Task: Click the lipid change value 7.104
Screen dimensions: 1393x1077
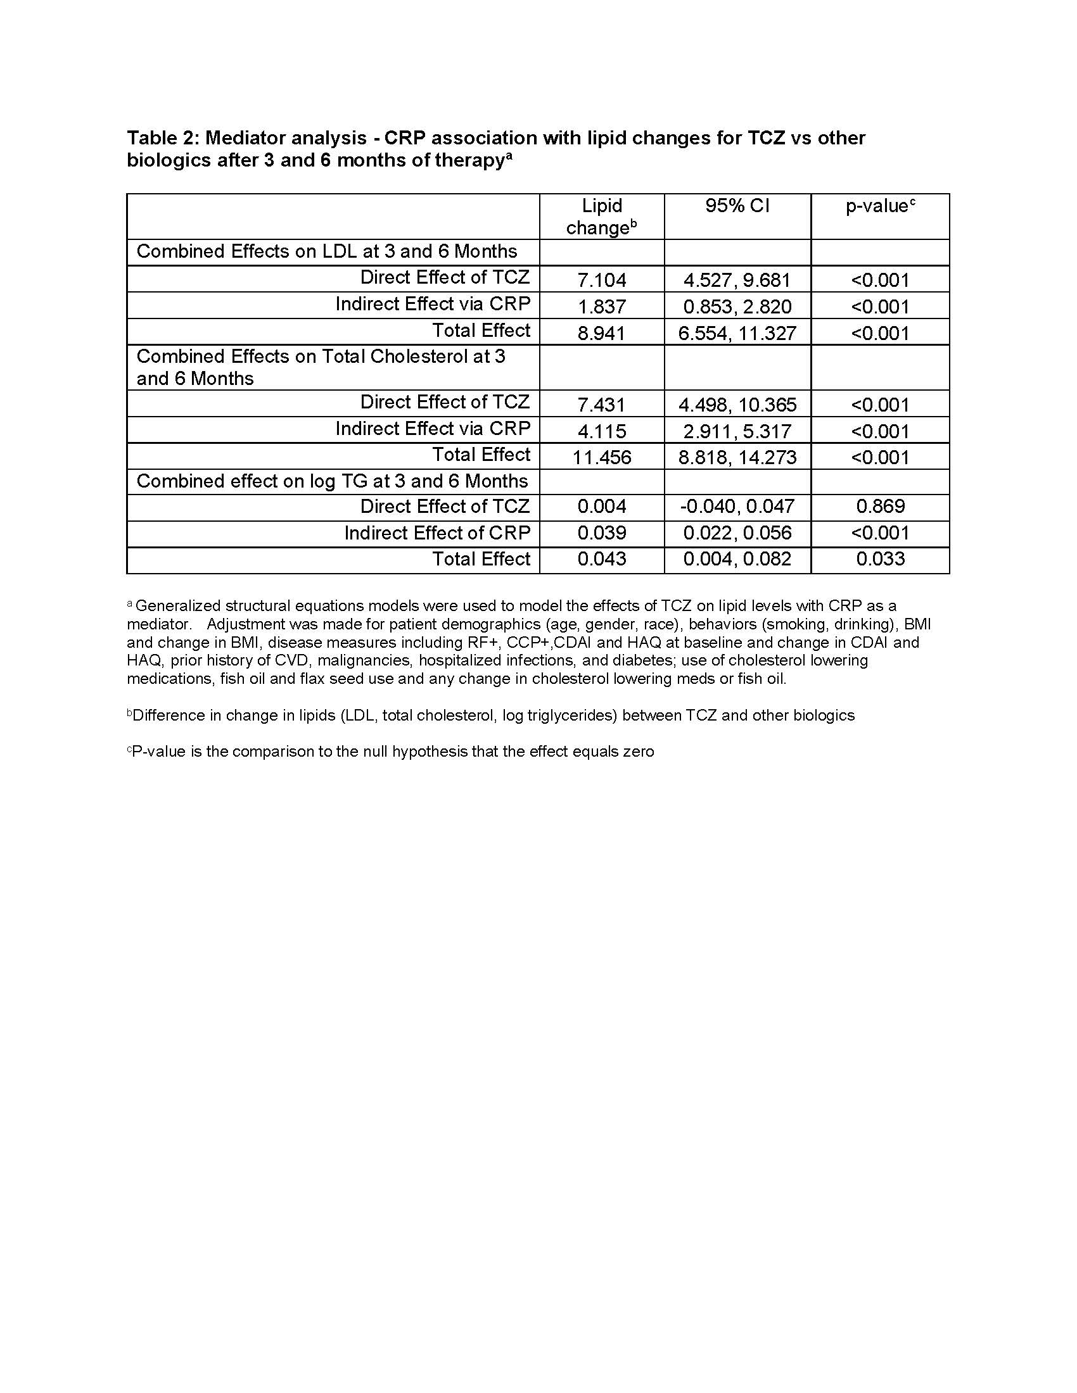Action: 602,280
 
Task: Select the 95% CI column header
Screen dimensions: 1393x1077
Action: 737,206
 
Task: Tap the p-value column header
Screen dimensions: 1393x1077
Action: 880,206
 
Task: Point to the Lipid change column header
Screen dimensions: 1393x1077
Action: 602,217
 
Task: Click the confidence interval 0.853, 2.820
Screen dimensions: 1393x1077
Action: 737,307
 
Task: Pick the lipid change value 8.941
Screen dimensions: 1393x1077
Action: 602,333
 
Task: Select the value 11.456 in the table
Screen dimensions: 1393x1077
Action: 602,457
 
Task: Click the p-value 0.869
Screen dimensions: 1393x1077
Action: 880,507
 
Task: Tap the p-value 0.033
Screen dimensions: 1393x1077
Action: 880,559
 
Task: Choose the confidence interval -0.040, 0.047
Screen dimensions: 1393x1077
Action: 737,507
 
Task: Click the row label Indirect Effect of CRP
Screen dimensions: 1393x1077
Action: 437,533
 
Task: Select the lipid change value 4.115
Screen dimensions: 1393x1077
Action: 602,431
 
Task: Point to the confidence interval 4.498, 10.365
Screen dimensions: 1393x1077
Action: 737,405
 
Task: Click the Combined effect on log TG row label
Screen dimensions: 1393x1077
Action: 333,481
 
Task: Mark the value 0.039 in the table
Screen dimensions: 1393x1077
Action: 602,533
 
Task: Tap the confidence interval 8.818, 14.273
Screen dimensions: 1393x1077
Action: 737,457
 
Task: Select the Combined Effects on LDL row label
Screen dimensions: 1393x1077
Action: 327,251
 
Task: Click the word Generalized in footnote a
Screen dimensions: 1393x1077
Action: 174,605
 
